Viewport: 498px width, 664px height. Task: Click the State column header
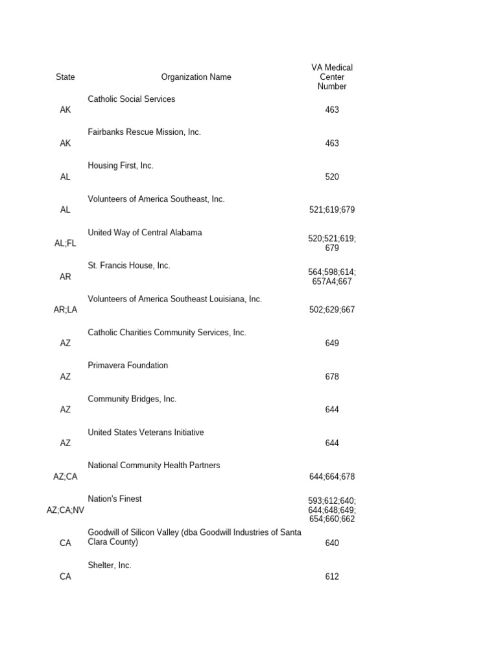pyautogui.click(x=65, y=77)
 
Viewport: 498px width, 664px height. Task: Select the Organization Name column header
pyautogui.click(x=196, y=77)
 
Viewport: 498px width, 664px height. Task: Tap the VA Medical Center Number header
pyautogui.click(x=332, y=77)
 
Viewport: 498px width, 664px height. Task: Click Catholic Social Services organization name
pyautogui.click(x=132, y=99)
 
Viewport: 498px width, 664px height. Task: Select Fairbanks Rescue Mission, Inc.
pyautogui.click(x=145, y=132)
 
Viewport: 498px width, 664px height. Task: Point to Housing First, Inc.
pyautogui.click(x=121, y=166)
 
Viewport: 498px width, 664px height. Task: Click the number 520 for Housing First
pyautogui.click(x=332, y=177)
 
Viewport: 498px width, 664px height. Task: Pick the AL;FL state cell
pyautogui.click(x=65, y=244)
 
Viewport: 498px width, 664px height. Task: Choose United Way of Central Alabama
pyautogui.click(x=145, y=233)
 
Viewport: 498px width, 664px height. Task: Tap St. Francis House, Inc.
pyautogui.click(x=129, y=266)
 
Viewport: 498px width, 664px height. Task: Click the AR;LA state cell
pyautogui.click(x=65, y=310)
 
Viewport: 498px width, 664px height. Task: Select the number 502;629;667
pyautogui.click(x=332, y=310)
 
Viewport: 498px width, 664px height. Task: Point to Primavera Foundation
pyautogui.click(x=128, y=366)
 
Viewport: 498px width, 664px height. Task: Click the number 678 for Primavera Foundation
pyautogui.click(x=332, y=377)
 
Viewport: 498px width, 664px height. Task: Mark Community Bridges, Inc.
pyautogui.click(x=132, y=399)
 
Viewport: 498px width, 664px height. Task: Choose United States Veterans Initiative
pyautogui.click(x=146, y=433)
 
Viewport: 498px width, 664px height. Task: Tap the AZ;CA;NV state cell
pyautogui.click(x=65, y=510)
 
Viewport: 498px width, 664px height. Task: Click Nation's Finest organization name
pyautogui.click(x=115, y=499)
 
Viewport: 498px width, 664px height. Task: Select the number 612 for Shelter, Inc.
pyautogui.click(x=332, y=576)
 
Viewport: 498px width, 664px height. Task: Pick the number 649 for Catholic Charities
pyautogui.click(x=332, y=343)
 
